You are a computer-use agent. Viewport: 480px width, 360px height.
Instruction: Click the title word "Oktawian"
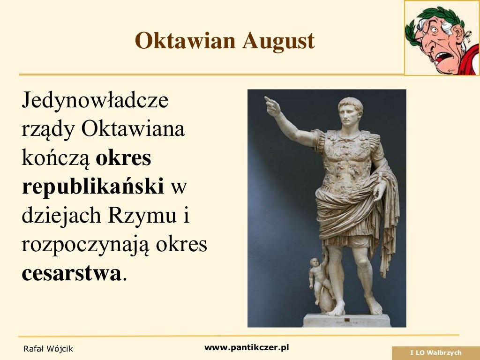coord(185,41)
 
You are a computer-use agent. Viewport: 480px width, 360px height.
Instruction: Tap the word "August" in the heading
coord(278,41)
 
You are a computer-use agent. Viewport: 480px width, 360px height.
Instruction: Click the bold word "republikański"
coord(93,187)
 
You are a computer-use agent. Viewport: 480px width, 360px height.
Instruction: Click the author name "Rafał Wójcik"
coord(48,349)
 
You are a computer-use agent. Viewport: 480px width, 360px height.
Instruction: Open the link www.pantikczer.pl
coord(247,347)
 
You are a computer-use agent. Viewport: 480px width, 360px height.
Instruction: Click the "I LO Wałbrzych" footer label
coord(435,353)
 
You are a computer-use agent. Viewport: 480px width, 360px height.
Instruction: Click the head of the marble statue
coord(350,111)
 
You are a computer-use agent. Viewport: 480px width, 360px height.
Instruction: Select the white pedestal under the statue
coord(347,320)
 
